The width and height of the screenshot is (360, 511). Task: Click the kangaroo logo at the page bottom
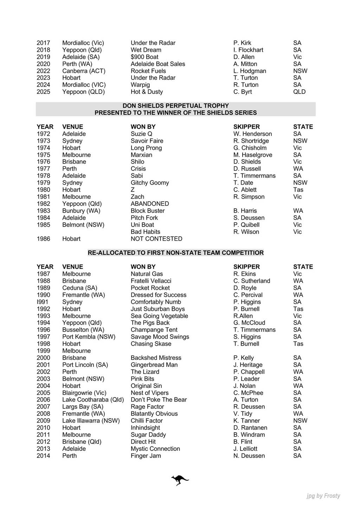tap(180, 480)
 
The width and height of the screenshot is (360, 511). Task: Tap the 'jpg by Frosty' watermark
tap(323, 496)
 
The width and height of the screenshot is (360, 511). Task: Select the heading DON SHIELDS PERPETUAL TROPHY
tap(175, 106)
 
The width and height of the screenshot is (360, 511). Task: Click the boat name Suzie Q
tap(141, 134)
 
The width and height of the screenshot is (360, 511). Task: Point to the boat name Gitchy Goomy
tap(150, 183)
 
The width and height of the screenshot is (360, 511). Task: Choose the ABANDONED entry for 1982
tap(150, 204)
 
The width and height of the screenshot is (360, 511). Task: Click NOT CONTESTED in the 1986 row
tap(156, 239)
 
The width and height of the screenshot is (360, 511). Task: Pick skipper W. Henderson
tap(252, 134)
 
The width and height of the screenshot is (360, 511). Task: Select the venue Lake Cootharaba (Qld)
tap(93, 400)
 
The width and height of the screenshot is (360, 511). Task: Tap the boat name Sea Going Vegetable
tap(159, 316)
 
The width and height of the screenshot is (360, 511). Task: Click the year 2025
tap(43, 92)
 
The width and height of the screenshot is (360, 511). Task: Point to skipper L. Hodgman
tap(250, 71)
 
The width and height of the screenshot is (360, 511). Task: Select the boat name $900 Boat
tap(144, 57)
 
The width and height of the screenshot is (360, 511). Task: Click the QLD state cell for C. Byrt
tap(299, 92)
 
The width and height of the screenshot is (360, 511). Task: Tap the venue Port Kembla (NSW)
tap(89, 337)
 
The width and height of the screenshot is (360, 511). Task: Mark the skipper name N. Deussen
tap(249, 456)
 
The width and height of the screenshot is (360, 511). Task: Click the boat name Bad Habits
tap(145, 232)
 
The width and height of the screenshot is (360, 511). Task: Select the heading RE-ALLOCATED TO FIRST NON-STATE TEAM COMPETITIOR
tap(175, 253)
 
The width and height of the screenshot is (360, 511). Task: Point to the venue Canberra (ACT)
tap(84, 71)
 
